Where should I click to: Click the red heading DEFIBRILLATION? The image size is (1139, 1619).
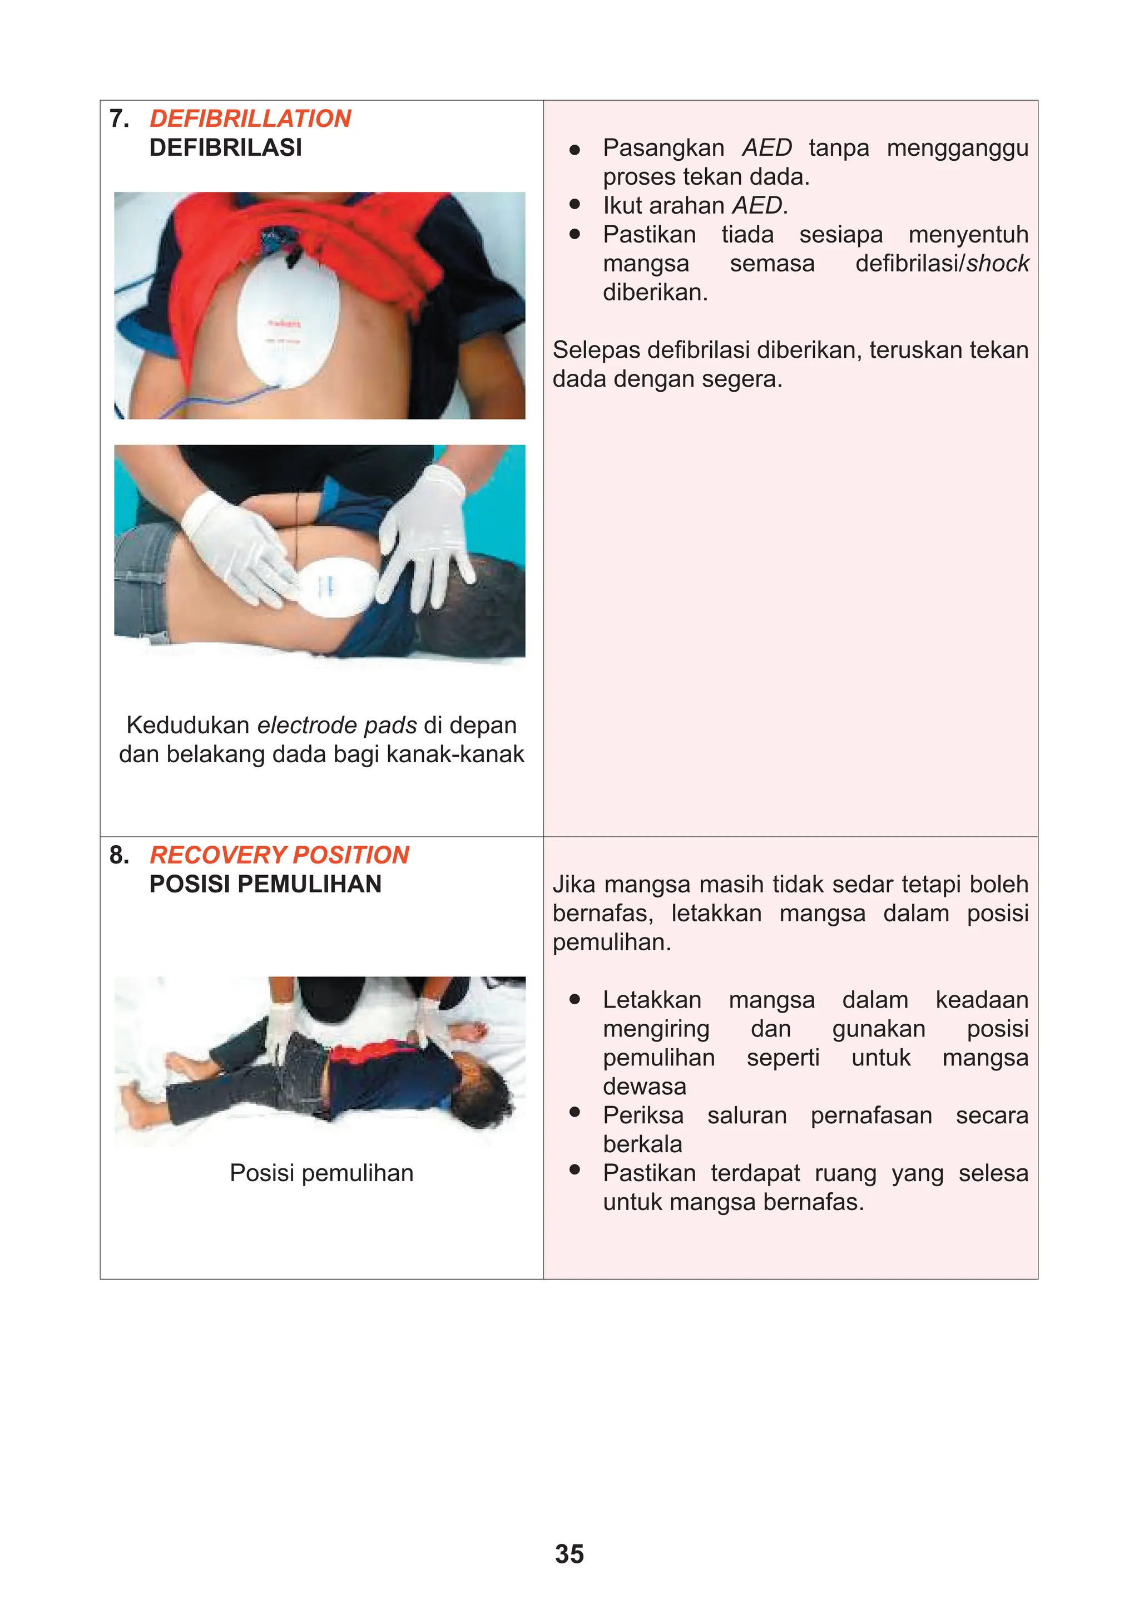(250, 119)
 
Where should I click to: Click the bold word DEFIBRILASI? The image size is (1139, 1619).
(226, 148)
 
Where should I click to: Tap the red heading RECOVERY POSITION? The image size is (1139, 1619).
(279, 855)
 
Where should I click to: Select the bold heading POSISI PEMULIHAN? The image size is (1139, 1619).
(265, 884)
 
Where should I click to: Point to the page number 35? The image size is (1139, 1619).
(569, 1553)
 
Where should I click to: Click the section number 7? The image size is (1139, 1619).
(119, 119)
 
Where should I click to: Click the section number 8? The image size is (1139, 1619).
(119, 855)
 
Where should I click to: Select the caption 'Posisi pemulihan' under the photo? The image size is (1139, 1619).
(321, 1173)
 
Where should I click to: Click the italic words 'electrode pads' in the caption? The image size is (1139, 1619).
(337, 725)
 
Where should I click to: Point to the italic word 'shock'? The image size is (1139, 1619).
(997, 263)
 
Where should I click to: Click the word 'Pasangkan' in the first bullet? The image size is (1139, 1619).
(663, 148)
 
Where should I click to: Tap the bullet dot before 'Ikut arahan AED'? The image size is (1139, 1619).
(575, 205)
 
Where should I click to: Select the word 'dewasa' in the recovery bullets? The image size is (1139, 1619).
(644, 1086)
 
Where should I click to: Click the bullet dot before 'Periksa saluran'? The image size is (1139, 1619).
(575, 1112)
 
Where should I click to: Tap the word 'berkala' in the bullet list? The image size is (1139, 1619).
(642, 1144)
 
